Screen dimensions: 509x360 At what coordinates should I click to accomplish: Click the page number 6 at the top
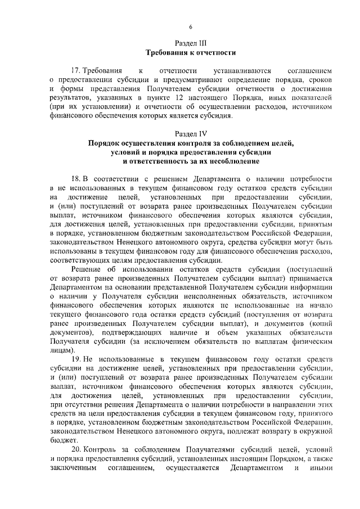tap(191, 27)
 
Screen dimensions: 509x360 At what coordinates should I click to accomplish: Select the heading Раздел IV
tap(191, 134)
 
